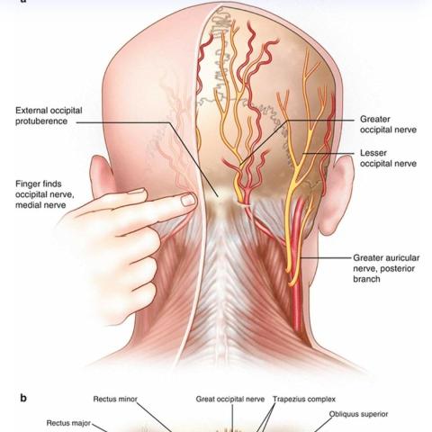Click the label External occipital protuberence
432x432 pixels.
pyautogui.click(x=49, y=116)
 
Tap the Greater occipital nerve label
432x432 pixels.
pyautogui.click(x=388, y=124)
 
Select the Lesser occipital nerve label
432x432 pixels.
pyautogui.click(x=388, y=158)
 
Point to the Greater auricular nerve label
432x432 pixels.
pyautogui.click(x=386, y=268)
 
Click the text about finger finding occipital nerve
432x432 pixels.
pyautogui.click(x=45, y=194)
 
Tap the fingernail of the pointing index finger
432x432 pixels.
pyautogui.click(x=188, y=200)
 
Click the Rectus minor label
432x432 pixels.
pyautogui.click(x=115, y=399)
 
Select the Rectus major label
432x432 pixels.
pyautogui.click(x=68, y=423)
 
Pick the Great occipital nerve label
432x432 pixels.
pyautogui.click(x=230, y=399)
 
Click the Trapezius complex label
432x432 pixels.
pyautogui.click(x=304, y=399)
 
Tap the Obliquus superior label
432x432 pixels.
pyautogui.click(x=358, y=414)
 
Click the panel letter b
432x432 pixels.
pyautogui.click(x=23, y=398)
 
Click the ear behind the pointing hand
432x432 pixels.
pyautogui.click(x=102, y=176)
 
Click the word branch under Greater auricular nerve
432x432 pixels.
pyautogui.click(x=366, y=279)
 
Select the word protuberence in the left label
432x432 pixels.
pyautogui.click(x=41, y=121)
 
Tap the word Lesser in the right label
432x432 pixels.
pyautogui.click(x=373, y=153)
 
